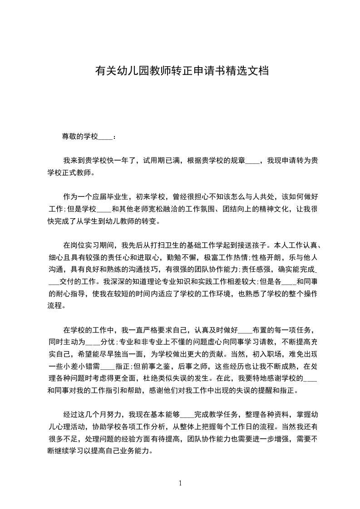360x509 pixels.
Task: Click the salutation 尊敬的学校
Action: [x=80, y=136]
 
